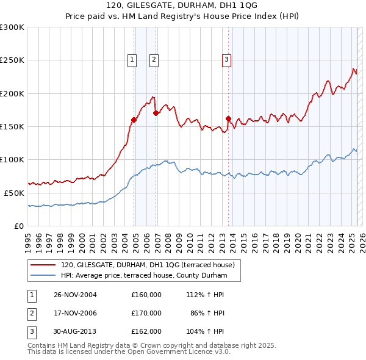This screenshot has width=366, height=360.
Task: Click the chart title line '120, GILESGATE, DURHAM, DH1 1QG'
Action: click(182, 5)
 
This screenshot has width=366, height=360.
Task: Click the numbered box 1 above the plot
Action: click(132, 59)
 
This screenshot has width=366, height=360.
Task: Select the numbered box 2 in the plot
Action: click(153, 59)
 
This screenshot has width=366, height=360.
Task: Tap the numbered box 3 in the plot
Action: click(226, 59)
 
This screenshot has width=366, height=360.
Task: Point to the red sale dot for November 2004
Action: click(134, 120)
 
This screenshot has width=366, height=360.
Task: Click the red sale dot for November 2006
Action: click(156, 113)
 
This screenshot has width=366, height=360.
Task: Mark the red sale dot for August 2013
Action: click(228, 118)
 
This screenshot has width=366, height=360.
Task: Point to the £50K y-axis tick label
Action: click(14, 193)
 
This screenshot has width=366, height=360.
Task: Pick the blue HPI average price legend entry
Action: click(143, 276)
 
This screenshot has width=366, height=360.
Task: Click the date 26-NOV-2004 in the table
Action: click(75, 295)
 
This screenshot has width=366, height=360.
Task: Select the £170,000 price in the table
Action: click(146, 313)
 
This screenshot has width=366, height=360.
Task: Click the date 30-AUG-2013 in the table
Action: click(75, 331)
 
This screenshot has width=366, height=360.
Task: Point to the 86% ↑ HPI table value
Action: click(207, 313)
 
